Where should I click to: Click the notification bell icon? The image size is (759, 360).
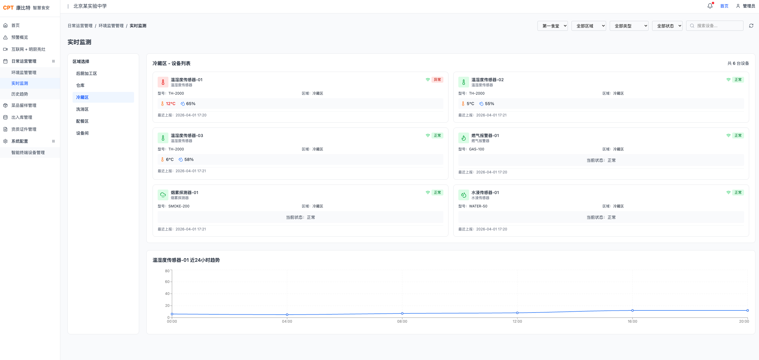(x=710, y=6)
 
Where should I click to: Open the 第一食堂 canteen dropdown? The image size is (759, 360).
(x=552, y=26)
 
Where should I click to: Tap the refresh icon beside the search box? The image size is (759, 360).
(x=751, y=26)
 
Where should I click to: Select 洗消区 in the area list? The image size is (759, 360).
(x=82, y=109)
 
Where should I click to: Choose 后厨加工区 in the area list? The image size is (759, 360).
(x=87, y=73)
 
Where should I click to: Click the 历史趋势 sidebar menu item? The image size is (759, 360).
(x=20, y=94)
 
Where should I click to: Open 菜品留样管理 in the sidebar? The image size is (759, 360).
(x=24, y=105)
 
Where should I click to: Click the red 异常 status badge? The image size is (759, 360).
(x=437, y=80)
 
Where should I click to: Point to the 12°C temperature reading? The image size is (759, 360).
(x=170, y=104)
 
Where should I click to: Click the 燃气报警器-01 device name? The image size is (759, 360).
(x=485, y=136)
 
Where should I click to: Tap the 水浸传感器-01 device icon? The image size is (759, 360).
(x=464, y=195)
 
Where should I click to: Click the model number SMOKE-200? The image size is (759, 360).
(x=179, y=206)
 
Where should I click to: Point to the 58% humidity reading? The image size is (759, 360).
(x=189, y=159)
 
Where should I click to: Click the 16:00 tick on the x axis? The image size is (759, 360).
(x=632, y=321)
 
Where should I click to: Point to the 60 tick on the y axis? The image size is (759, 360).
(x=167, y=282)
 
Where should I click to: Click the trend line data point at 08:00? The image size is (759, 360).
(x=402, y=313)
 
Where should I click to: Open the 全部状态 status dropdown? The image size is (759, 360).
(x=667, y=26)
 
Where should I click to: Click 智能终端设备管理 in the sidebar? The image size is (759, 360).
(x=28, y=153)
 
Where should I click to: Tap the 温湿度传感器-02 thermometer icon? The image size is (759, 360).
(x=464, y=82)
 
